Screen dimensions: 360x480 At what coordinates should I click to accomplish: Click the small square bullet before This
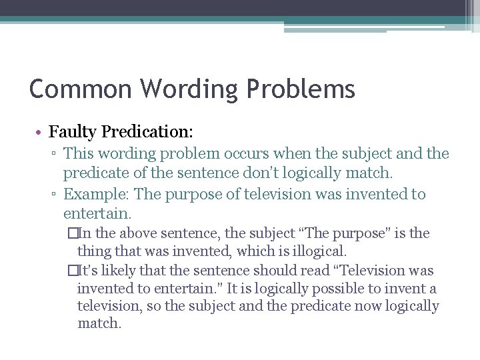click(x=54, y=155)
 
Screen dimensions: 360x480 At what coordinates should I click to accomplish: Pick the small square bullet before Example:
click(x=54, y=195)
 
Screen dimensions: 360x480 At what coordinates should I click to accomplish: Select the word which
click(x=264, y=251)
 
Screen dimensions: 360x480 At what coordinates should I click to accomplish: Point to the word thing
click(x=93, y=251)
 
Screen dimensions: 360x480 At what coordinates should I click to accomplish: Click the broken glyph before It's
click(x=72, y=271)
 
